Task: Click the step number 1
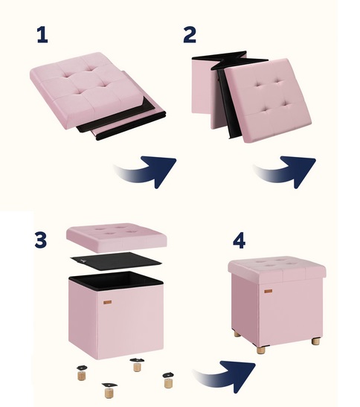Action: (43, 35)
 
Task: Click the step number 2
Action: (190, 35)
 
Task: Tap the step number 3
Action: (41, 240)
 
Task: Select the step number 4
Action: (239, 242)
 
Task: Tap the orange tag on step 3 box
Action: (107, 302)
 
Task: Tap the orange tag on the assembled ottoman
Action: (269, 291)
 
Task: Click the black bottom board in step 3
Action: (115, 261)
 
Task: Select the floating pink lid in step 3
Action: (117, 237)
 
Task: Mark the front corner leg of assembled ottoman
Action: (261, 350)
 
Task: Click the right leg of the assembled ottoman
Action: (316, 342)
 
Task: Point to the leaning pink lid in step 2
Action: (268, 100)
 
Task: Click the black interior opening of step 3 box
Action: (116, 281)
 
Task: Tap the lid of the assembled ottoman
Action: (277, 269)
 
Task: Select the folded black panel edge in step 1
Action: (121, 122)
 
